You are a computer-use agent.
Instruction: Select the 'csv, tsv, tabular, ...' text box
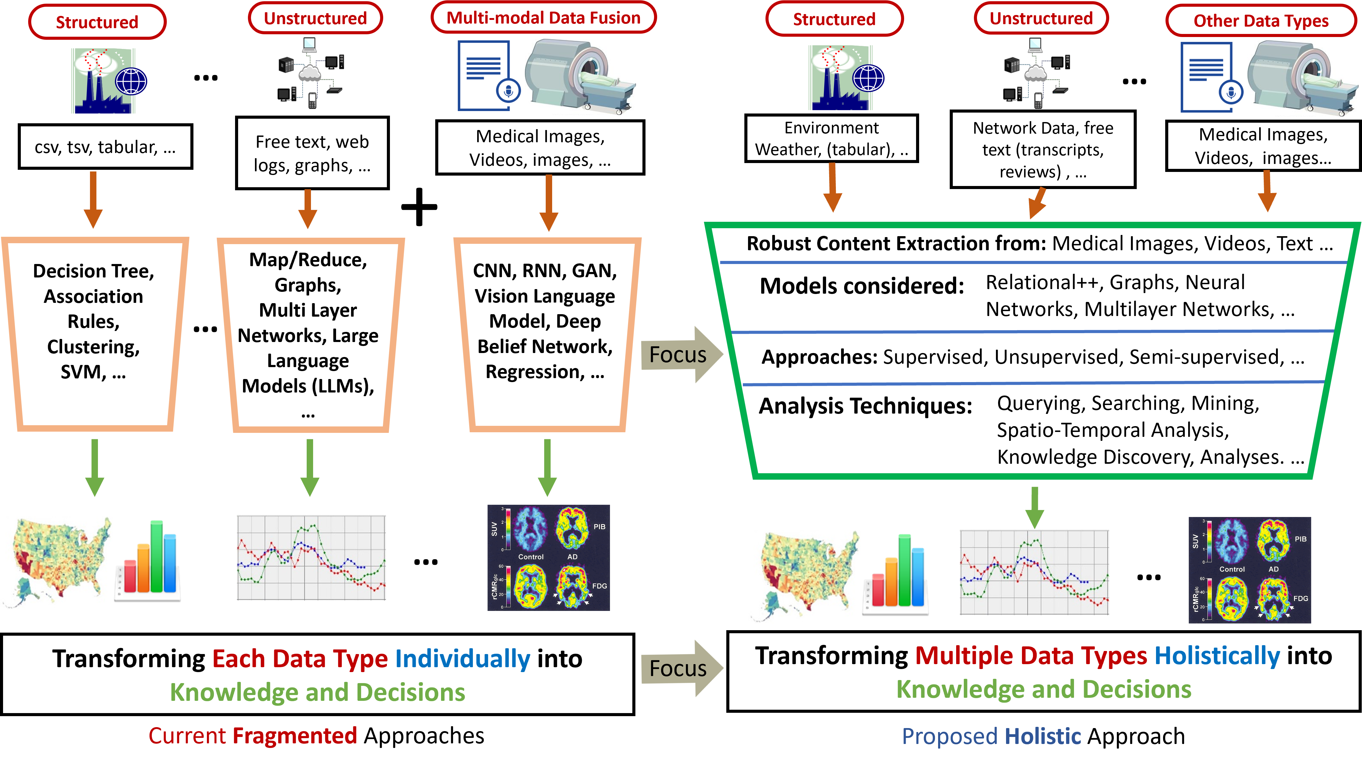tap(105, 147)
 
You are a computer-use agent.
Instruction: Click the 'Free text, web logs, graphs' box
tap(312, 153)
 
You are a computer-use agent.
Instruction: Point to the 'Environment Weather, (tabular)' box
tap(831, 138)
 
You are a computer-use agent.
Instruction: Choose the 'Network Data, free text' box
tap(1043, 150)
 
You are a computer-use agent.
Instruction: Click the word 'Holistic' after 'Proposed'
tap(1043, 736)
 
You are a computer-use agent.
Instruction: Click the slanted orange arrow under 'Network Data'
tap(1037, 203)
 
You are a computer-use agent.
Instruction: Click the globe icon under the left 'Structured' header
tap(131, 81)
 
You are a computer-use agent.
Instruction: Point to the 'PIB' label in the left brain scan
tap(599, 527)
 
